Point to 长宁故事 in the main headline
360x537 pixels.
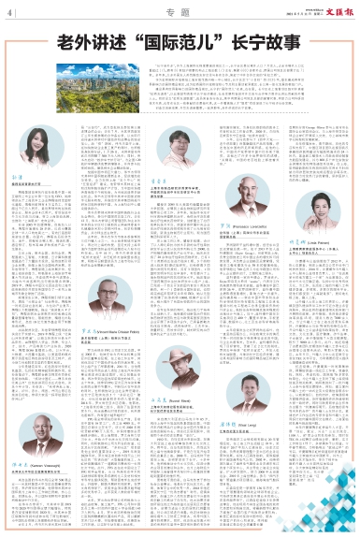pyautogui.click(x=260, y=43)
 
